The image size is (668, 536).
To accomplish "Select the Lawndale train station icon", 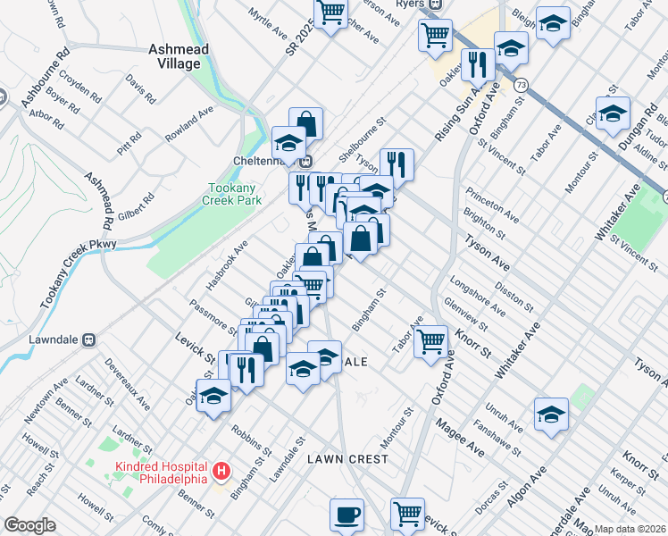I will click(x=88, y=339).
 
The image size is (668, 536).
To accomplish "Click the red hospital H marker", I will click(x=222, y=469).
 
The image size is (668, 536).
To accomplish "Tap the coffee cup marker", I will click(x=347, y=515).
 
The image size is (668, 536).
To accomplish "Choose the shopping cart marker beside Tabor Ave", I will click(x=431, y=340).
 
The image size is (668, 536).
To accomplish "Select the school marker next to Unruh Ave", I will click(x=551, y=413).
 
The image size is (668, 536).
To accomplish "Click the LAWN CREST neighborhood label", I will click(x=347, y=459).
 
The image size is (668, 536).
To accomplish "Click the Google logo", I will click(x=29, y=526).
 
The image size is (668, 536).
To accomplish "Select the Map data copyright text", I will click(x=630, y=529).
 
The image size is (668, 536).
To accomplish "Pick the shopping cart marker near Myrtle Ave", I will click(x=331, y=13).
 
